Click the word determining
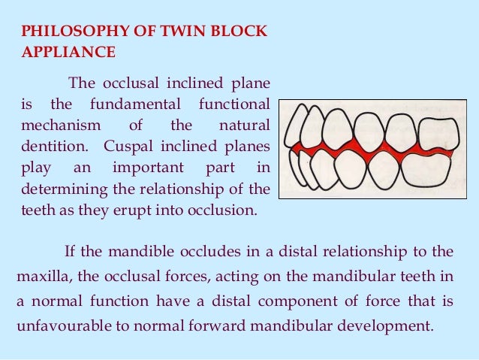coord(59,185)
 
